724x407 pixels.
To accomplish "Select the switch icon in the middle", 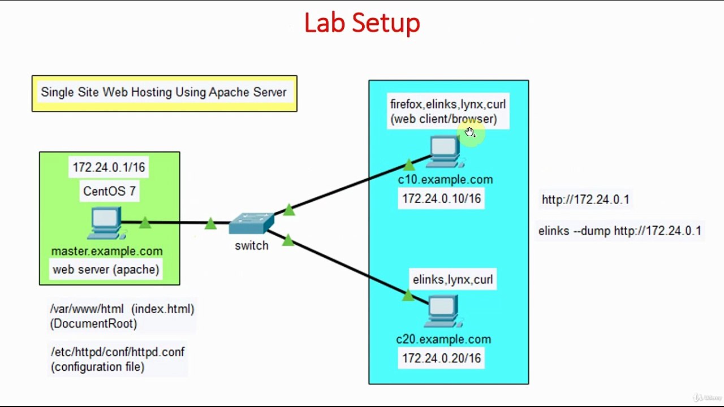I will tap(252, 223).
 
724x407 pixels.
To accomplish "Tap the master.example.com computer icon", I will tap(106, 223).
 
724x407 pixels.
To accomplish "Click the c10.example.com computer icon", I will tap(445, 151).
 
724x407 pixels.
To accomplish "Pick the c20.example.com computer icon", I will tap(443, 311).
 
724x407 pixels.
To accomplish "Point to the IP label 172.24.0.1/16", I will tap(109, 167).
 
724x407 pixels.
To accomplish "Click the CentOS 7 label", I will tap(109, 191).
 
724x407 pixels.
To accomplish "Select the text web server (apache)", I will tap(106, 270).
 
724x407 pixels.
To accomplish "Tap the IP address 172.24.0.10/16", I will tap(441, 199).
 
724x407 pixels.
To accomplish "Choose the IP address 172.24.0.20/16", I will tap(441, 358).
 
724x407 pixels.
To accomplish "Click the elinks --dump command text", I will tap(619, 231).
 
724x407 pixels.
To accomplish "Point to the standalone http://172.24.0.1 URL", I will tap(585, 200).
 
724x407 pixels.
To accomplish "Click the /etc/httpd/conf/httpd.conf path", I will tap(118, 352).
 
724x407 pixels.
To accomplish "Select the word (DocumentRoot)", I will tap(93, 324).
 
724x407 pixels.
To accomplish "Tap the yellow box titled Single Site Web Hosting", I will tap(164, 93).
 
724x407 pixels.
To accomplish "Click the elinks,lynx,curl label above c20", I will tap(453, 280).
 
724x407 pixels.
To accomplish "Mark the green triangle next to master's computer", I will tap(145, 223).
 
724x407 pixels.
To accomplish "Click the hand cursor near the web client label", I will tap(470, 132).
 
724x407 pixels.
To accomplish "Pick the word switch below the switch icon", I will tap(252, 246).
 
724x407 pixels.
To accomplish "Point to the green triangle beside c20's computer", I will tap(408, 295).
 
